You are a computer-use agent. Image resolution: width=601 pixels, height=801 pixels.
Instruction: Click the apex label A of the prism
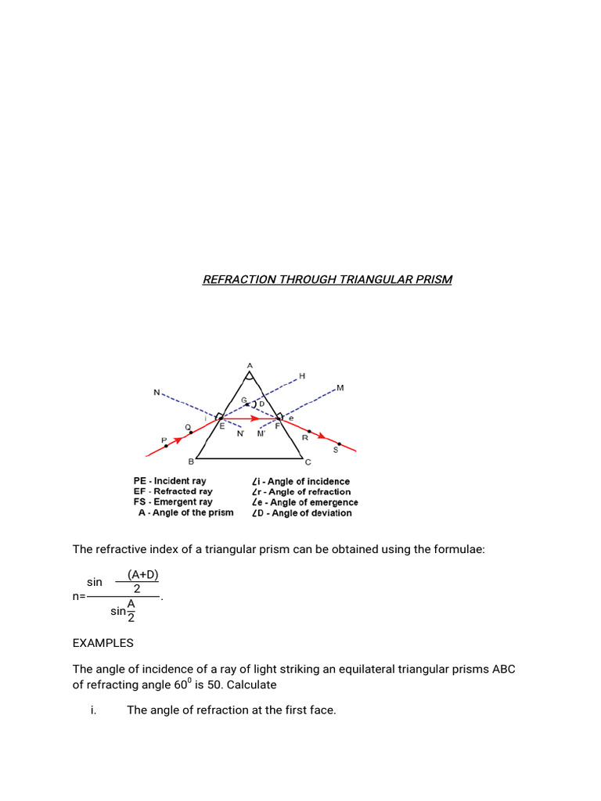tap(250, 365)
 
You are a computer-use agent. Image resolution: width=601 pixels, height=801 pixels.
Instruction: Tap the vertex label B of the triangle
tap(192, 462)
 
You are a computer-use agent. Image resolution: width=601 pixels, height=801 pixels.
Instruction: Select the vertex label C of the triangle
tap(308, 462)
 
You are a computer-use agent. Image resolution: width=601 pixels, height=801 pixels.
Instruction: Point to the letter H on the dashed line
tap(302, 376)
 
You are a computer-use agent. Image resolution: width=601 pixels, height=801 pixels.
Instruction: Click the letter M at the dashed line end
tap(340, 387)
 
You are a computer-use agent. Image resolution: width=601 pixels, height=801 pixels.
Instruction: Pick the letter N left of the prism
tap(157, 393)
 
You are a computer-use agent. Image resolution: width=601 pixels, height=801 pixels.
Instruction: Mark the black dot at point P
tap(166, 446)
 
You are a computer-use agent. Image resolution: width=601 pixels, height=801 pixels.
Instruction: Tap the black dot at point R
tap(310, 431)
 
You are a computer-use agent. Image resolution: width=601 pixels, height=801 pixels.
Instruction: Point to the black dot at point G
tap(248, 404)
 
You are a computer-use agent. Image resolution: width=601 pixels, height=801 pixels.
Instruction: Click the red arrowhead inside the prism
tap(255, 418)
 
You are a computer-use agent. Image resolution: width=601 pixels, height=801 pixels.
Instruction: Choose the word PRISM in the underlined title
tap(434, 279)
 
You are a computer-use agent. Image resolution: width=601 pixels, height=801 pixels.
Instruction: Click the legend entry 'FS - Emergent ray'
tap(173, 502)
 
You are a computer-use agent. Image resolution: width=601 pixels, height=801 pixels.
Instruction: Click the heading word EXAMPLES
tap(103, 643)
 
